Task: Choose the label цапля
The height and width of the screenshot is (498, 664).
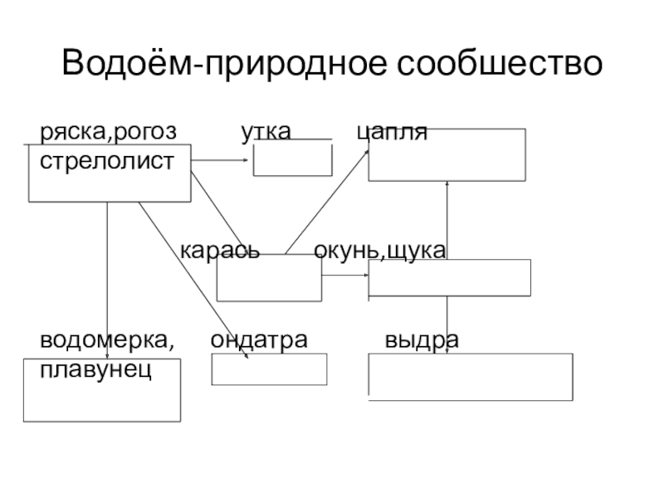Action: [392, 132]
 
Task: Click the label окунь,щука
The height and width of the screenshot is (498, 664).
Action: [380, 250]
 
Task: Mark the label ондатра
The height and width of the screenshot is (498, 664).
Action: [258, 339]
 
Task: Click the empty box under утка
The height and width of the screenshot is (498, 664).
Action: [292, 159]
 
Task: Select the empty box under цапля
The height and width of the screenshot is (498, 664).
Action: [447, 154]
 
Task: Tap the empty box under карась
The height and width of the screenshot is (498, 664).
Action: [268, 279]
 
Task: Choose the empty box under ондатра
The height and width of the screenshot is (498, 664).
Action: [269, 369]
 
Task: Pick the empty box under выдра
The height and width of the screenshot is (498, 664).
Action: [470, 377]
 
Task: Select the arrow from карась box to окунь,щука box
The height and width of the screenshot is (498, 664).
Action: [344, 275]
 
